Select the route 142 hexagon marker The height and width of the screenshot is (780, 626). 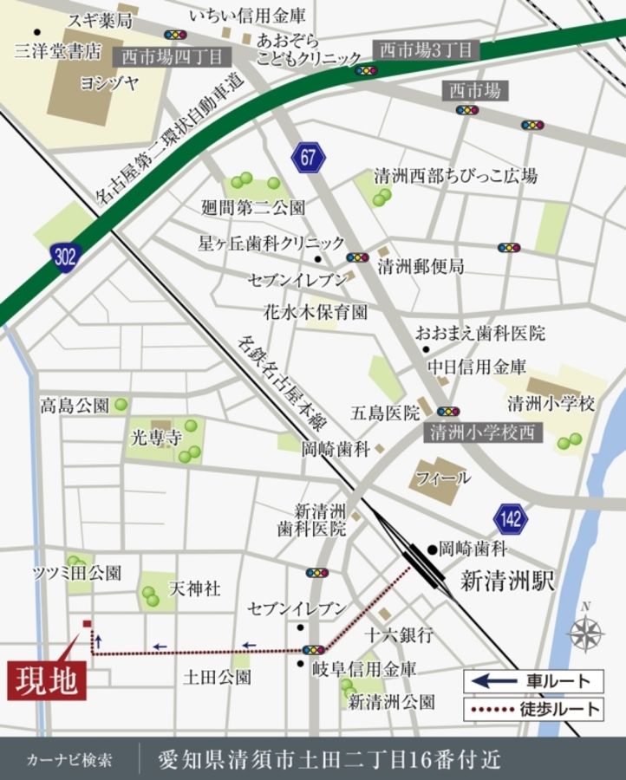click(x=512, y=519)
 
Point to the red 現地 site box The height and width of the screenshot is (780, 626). click(x=48, y=679)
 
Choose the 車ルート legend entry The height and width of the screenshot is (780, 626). click(x=532, y=681)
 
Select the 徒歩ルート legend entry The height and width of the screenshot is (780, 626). click(x=532, y=709)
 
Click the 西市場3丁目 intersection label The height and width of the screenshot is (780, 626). click(x=426, y=49)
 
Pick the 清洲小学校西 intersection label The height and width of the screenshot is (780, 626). click(x=484, y=432)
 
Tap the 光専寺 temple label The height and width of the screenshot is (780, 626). click(x=156, y=436)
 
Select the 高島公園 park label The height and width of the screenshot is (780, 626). click(x=75, y=405)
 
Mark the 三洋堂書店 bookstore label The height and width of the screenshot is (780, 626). click(x=58, y=50)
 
